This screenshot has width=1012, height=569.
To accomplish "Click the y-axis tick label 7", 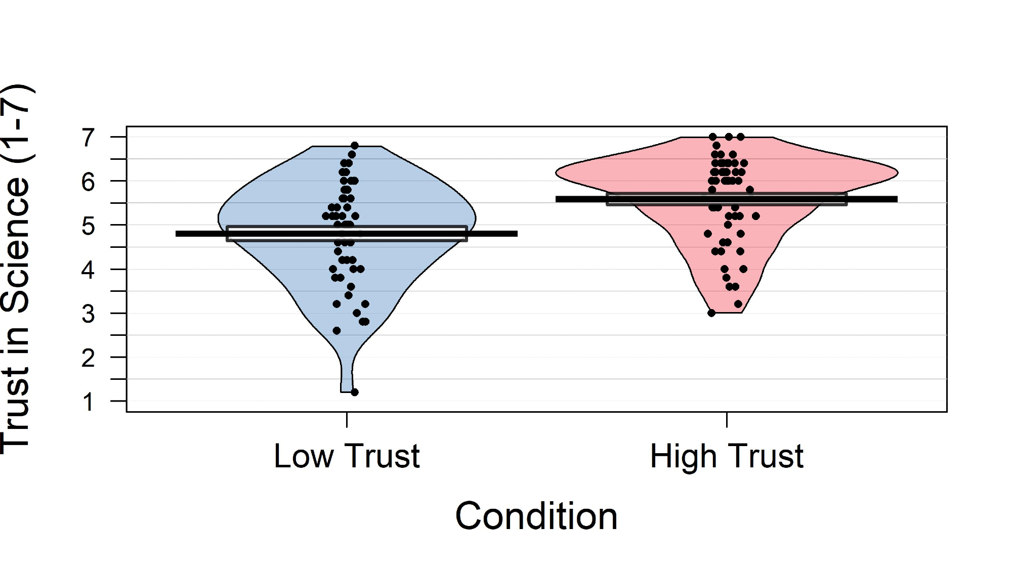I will pos(88,138).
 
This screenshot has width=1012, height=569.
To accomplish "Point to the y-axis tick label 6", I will pos(88,182).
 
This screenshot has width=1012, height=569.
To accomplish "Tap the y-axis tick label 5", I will pos(88,226).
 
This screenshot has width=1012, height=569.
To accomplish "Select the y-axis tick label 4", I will pos(88,270).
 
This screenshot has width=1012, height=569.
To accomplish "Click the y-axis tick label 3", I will pos(88,314).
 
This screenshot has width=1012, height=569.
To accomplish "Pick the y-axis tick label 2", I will pos(88,358).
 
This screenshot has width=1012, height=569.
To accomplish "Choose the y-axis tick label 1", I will pos(88,402).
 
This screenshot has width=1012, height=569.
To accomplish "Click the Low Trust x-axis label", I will pos(347,456).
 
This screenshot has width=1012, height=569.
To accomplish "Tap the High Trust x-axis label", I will pos(727,456).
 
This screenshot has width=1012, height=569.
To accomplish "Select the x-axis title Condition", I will pos(536,516).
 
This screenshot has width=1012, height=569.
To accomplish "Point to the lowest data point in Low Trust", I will pos(355,392).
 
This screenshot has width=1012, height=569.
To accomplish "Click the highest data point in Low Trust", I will pos(355,146).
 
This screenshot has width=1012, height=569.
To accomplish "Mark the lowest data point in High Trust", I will pos(711,313).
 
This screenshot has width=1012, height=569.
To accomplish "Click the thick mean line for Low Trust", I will pos(202,234).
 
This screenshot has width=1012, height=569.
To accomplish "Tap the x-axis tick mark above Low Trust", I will pos(347,420).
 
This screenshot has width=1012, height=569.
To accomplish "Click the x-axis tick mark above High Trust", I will pos(727,420).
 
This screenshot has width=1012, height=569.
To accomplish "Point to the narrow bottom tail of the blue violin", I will pos(347,374).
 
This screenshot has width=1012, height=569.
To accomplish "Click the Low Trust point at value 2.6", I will pos(336,331).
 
